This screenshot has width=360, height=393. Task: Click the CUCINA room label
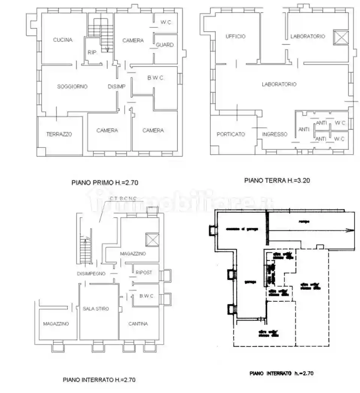[63, 40]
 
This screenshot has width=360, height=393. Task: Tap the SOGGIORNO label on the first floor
[72, 86]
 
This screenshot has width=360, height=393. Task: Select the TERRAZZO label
[59, 134]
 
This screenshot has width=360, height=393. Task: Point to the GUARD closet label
[165, 45]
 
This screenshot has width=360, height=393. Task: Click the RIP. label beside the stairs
[92, 53]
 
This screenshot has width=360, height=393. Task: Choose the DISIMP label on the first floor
[117, 86]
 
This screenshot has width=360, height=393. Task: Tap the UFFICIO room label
[236, 36]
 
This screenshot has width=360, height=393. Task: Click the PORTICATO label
[231, 134]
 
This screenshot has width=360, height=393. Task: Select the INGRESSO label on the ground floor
[275, 134]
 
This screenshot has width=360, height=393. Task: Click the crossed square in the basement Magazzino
[152, 240]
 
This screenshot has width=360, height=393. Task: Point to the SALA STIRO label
[96, 309]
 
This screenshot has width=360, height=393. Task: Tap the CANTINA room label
[138, 324]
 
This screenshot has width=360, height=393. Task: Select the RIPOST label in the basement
[144, 272]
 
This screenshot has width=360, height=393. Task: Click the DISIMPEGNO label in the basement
[91, 273]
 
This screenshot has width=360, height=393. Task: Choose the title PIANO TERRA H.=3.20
[277, 180]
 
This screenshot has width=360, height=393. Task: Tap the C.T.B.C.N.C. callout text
[123, 198]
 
